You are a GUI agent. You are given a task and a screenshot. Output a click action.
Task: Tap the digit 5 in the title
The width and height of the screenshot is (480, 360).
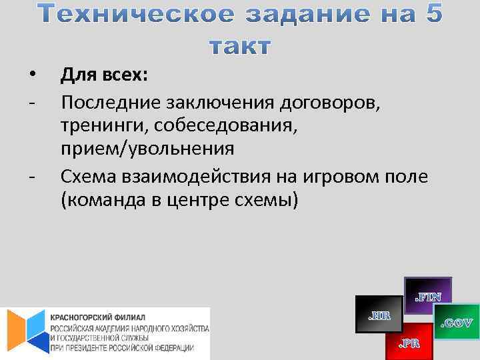tap(431, 15)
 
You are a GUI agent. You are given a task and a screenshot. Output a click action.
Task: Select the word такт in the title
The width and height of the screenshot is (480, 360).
tap(240, 47)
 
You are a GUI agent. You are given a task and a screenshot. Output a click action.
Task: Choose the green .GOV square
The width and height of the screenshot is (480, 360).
tap(457, 323)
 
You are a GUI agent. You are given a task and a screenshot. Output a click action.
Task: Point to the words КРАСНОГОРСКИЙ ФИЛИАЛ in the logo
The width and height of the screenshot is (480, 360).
tap(98, 317)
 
